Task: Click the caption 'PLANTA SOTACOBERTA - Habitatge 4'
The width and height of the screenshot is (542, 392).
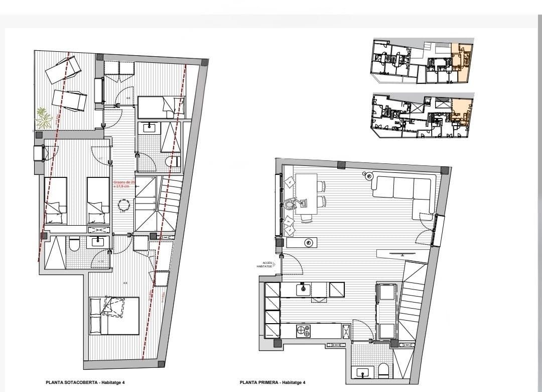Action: tap(85, 382)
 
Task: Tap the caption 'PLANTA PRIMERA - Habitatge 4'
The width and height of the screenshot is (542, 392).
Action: tap(272, 382)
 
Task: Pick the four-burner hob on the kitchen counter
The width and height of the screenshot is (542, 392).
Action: tap(303, 331)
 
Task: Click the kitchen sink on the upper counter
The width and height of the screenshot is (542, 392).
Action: tap(304, 289)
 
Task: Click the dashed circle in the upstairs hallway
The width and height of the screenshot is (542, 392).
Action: tap(123, 205)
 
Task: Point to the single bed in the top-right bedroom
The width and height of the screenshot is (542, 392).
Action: tap(161, 107)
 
